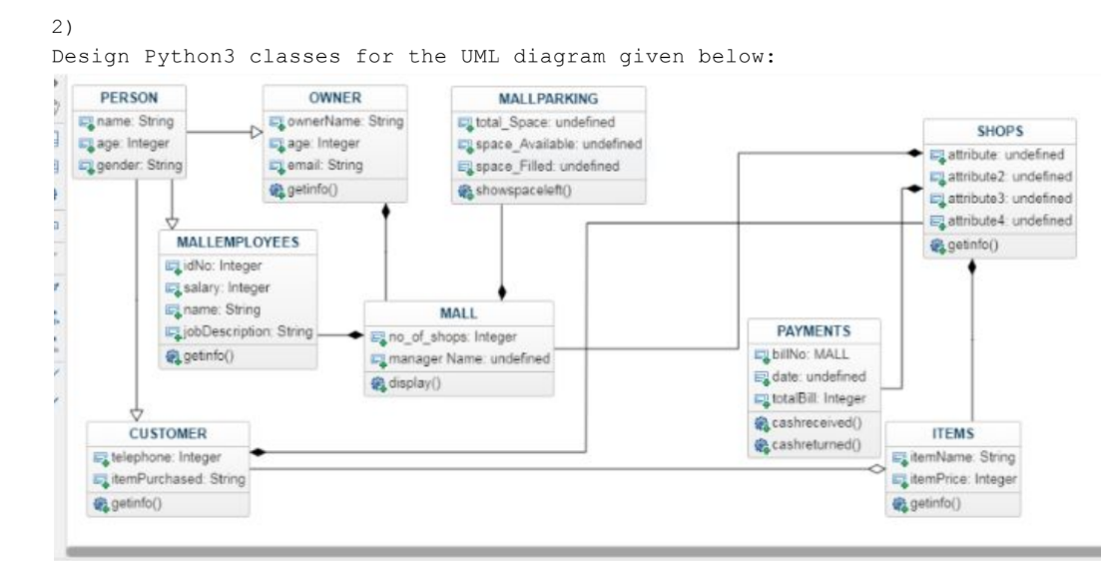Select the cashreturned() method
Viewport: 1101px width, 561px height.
tap(822, 440)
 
